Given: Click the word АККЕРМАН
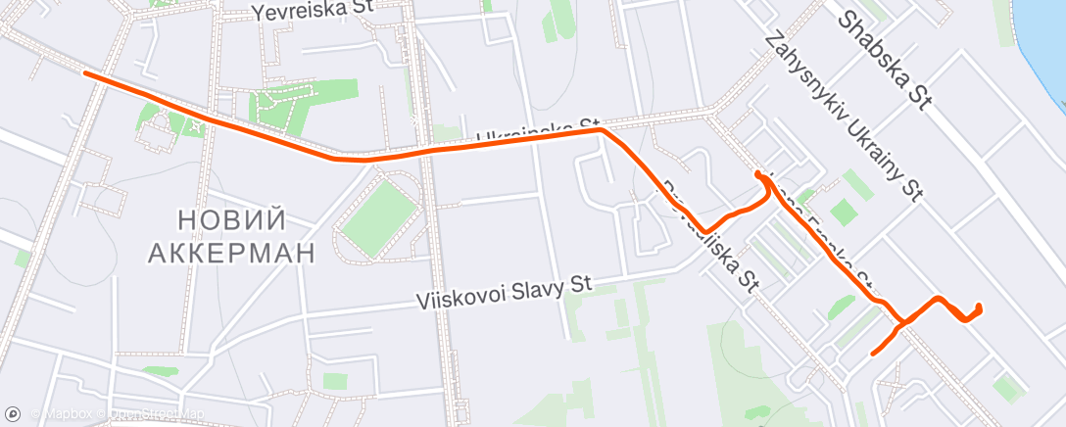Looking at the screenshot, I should click(231, 253).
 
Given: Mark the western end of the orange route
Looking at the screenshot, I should click(85, 72).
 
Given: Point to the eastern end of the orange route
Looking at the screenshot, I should click(979, 308).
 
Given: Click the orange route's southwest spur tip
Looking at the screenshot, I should click(872, 353).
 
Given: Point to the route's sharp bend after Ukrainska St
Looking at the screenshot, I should click(601, 129).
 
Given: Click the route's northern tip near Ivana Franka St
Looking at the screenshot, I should click(758, 173).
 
